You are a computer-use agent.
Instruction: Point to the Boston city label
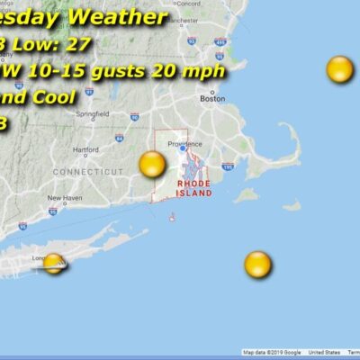pyautogui.click(x=213, y=99)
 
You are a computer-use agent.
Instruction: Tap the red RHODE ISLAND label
pyautogui.click(x=194, y=187)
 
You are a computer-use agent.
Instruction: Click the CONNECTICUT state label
pyautogui.click(x=87, y=171)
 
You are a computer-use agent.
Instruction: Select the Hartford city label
pyautogui.click(x=85, y=150)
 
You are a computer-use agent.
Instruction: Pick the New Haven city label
pyautogui.click(x=65, y=198)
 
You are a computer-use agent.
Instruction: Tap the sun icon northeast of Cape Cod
pyautogui.click(x=339, y=68)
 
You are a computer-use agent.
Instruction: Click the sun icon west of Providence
pyautogui.click(x=152, y=164)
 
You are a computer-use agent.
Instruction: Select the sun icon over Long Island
pyautogui.click(x=54, y=263)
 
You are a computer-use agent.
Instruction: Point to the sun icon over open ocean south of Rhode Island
pyautogui.click(x=257, y=264)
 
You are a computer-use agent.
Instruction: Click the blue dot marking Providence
pyautogui.click(x=183, y=148)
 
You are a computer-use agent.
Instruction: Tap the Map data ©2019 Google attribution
pyautogui.click(x=272, y=353)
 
